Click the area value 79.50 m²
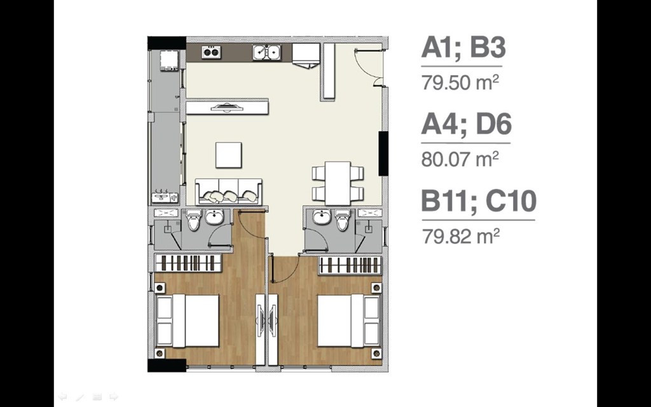pos(460,82)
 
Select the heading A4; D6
pos(466,125)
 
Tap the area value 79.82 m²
pos(461,236)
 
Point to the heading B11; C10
pos(479,201)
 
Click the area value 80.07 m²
pos(460,159)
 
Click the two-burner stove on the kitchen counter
pos(211,52)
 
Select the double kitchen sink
pos(267,52)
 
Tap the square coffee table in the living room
pos(228,155)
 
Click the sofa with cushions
pos(229,192)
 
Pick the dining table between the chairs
pos(338,183)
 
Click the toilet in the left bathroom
pos(193,220)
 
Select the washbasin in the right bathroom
pos(322,217)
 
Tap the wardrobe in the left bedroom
pos(188,263)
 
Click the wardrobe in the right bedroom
pos(350,265)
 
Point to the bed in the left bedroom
pos(188,321)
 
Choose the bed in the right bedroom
pos(349,321)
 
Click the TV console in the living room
pos(227,107)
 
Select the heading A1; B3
pos(463,48)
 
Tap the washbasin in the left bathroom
pos(214,217)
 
